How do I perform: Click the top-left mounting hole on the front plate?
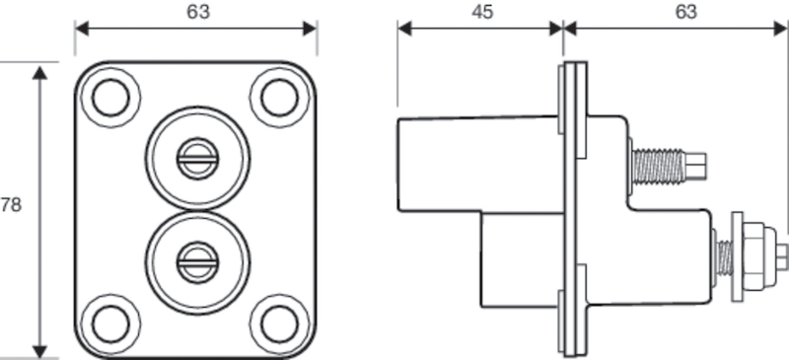(x=108, y=97)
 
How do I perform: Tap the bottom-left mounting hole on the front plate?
(x=108, y=322)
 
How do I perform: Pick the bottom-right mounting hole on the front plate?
(x=277, y=322)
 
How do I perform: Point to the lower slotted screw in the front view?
(x=193, y=260)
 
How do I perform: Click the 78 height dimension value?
(x=11, y=205)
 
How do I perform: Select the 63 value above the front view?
(x=197, y=12)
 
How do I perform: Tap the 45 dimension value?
(x=482, y=12)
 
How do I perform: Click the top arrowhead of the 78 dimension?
(x=40, y=74)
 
